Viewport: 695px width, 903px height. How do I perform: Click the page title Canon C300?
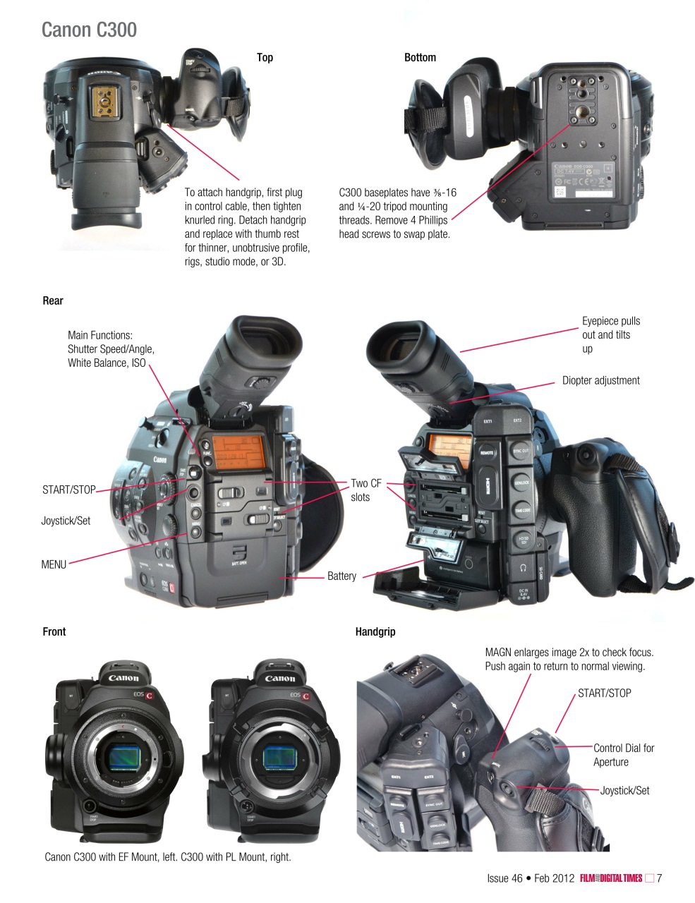coord(89,30)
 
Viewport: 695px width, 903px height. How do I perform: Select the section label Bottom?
coord(420,58)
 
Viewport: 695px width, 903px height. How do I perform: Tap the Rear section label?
coord(53,301)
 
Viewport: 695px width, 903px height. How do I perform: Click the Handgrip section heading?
coord(375,632)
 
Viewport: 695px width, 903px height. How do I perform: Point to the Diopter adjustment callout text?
coord(600,381)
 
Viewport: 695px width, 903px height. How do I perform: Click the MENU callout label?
coord(54,564)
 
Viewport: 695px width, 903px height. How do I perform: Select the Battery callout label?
coord(342,576)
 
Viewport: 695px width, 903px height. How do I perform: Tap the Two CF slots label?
coord(365,490)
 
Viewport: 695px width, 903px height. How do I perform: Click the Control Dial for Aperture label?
coord(623,755)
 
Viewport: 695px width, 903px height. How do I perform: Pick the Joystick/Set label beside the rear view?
coord(66,521)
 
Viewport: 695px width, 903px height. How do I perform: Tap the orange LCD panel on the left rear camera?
coord(239,452)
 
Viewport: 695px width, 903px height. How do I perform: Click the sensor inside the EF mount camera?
coord(127,759)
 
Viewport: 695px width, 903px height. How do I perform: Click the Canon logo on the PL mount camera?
coord(280,679)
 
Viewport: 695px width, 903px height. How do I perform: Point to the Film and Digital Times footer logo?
coord(610,878)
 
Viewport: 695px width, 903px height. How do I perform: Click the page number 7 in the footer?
coord(659,878)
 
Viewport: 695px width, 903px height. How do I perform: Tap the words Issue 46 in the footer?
coord(504,878)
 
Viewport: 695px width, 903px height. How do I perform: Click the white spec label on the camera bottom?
coord(582,180)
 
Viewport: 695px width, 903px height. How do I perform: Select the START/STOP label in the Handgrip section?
coord(604,693)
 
